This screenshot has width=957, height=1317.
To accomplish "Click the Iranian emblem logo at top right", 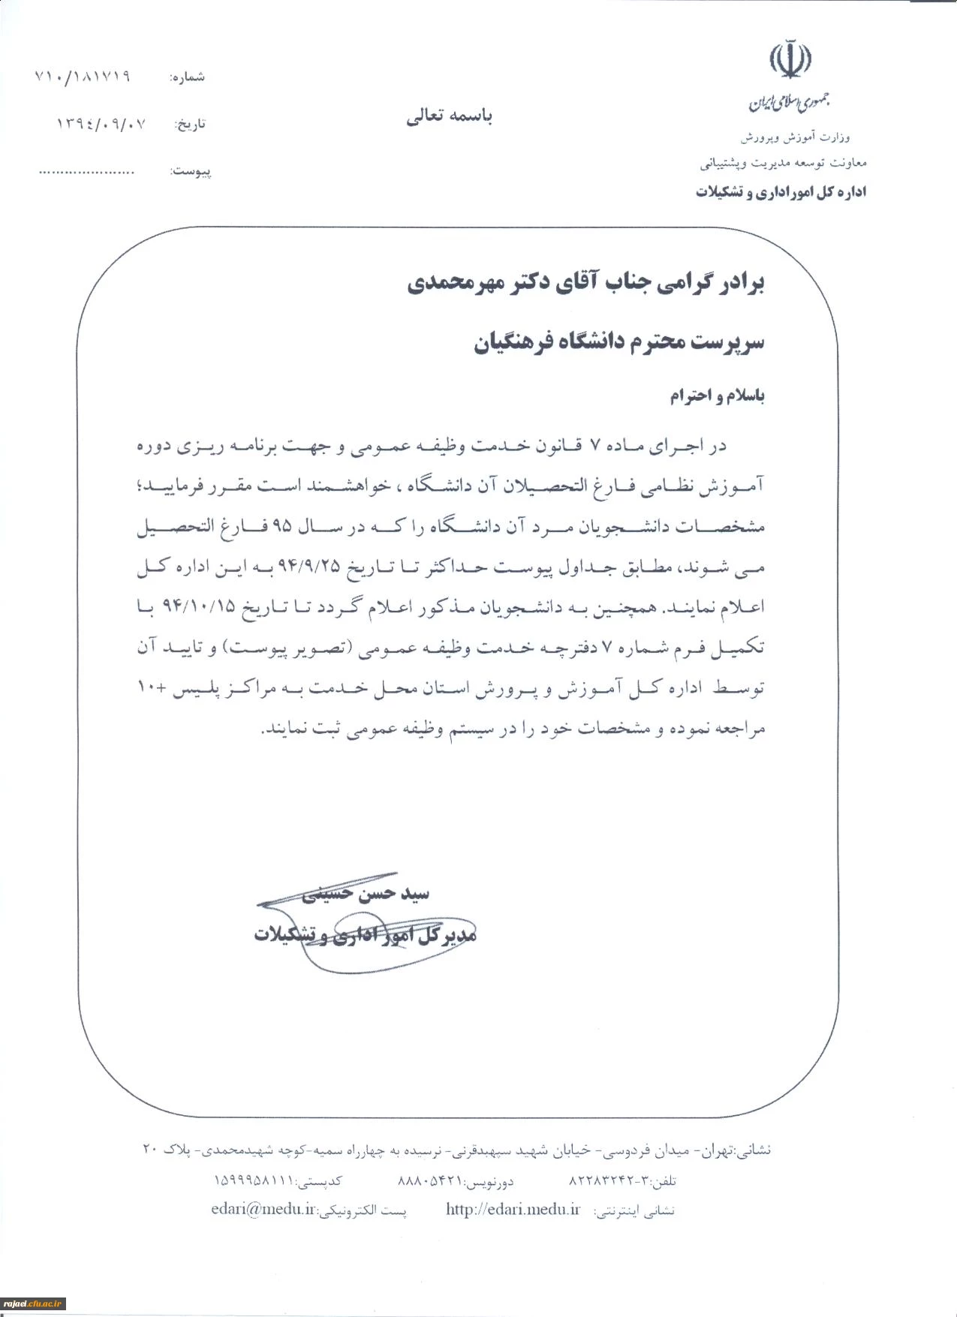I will click(790, 61).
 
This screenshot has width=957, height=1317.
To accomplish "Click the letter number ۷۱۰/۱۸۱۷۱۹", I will click(83, 77).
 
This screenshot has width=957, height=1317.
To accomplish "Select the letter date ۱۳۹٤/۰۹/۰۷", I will click(101, 123).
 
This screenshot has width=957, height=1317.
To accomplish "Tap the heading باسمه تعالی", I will click(449, 116).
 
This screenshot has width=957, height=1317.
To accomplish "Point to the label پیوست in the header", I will click(191, 172).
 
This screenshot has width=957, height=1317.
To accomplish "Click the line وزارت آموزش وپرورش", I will click(795, 137).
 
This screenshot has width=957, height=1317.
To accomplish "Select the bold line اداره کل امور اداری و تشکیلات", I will click(781, 192).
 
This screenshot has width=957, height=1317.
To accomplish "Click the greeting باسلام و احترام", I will click(717, 395).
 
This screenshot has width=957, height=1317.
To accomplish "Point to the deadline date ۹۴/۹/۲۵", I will click(308, 567).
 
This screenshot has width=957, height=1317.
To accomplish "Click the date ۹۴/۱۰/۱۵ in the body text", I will click(199, 606).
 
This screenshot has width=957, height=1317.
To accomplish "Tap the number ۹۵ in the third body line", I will click(281, 526).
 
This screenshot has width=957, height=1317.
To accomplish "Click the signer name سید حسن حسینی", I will click(366, 893).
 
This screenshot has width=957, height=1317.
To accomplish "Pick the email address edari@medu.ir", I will click(263, 1209).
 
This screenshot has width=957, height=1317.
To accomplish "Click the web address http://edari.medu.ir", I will click(513, 1209).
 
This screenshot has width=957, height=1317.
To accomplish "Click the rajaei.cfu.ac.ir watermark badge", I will click(33, 1304).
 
